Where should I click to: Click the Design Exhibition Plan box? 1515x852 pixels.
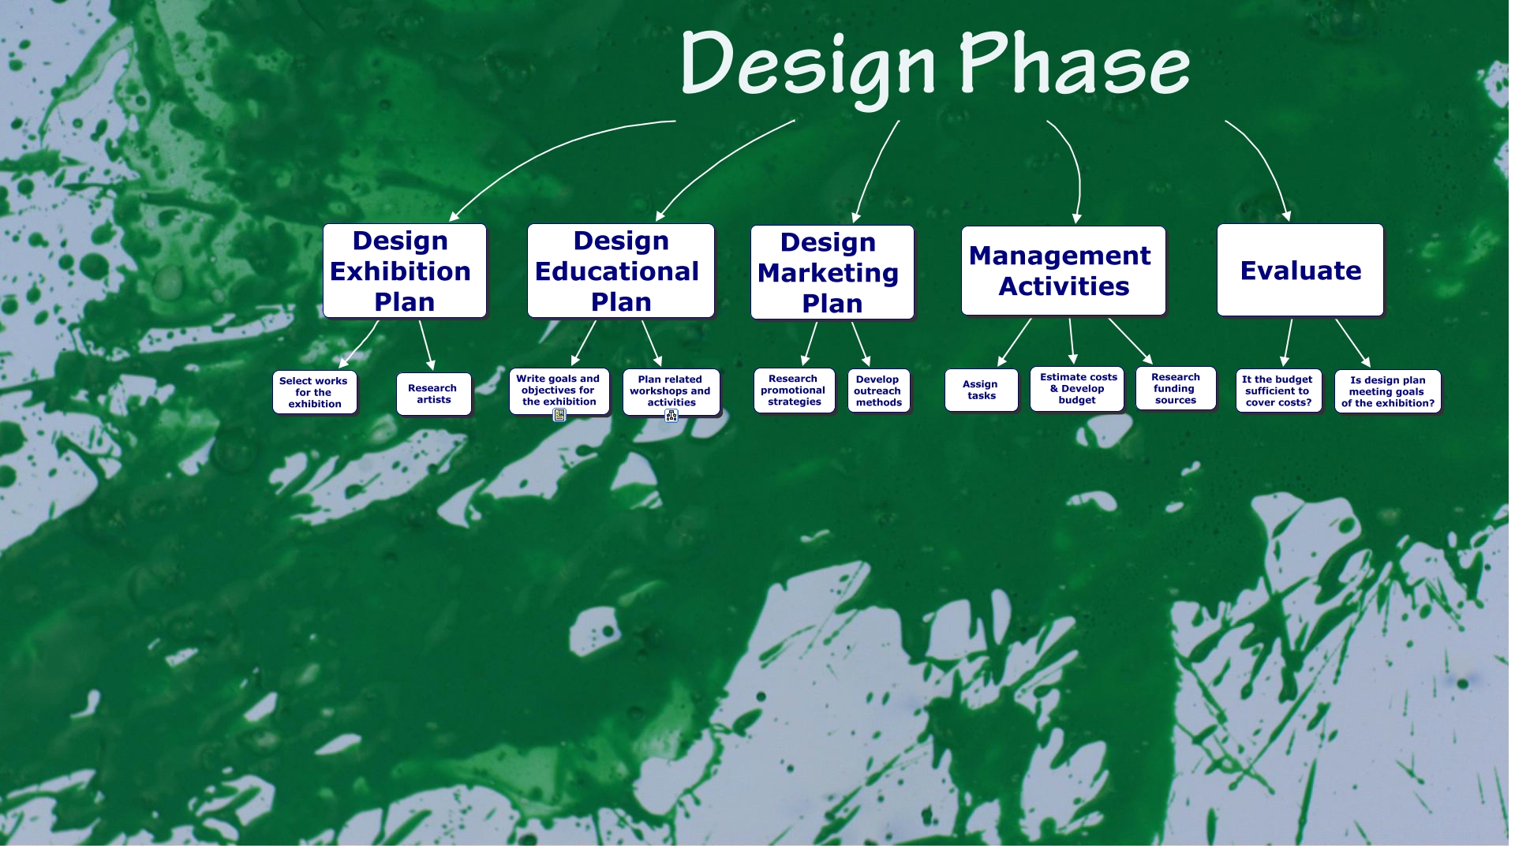click(404, 271)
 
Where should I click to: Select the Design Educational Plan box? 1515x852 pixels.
click(620, 271)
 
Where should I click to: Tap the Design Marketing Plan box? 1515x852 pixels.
click(832, 272)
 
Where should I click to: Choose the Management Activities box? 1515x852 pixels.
click(1063, 271)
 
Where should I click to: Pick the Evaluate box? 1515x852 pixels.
click(1300, 270)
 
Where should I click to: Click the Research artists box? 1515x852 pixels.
click(433, 394)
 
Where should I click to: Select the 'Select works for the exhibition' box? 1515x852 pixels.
click(314, 392)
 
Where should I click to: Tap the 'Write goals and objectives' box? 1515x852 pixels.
click(559, 390)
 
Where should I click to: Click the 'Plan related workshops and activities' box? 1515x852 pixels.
click(671, 391)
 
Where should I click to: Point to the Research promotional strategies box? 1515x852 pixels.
click(794, 390)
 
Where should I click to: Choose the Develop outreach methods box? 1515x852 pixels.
click(878, 390)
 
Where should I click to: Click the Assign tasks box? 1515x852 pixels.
click(981, 390)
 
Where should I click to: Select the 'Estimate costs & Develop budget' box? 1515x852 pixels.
click(1077, 389)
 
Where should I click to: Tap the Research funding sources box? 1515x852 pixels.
click(1175, 388)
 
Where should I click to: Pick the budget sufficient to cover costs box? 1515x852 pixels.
click(1278, 390)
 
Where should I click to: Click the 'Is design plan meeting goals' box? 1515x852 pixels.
click(1388, 391)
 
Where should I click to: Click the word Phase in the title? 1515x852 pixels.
click(1075, 63)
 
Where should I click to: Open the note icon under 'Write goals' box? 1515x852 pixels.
click(559, 415)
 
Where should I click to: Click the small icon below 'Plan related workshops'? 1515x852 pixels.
click(671, 416)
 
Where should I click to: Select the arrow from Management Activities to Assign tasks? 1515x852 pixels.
click(1015, 342)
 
